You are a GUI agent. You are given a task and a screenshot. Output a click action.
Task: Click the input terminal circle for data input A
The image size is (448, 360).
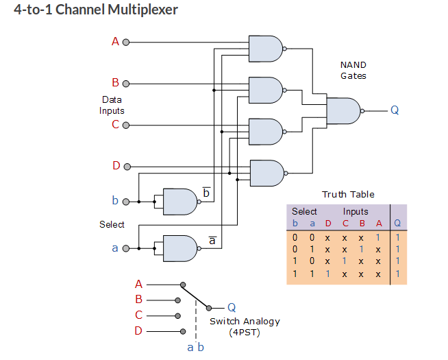[x=126, y=42]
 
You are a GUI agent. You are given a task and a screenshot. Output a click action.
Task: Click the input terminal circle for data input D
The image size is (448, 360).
[x=126, y=166]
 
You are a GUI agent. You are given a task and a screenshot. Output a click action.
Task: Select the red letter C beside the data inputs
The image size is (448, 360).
[x=115, y=125]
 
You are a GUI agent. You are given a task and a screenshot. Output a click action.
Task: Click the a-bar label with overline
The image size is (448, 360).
[x=212, y=241]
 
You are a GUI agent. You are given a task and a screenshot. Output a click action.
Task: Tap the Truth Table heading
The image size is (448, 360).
[x=348, y=195]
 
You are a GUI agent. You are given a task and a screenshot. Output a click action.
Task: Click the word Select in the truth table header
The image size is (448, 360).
[x=304, y=212]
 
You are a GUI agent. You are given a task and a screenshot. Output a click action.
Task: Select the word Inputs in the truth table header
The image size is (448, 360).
[x=356, y=212]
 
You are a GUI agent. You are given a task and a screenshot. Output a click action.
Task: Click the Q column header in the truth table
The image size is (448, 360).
[x=397, y=223]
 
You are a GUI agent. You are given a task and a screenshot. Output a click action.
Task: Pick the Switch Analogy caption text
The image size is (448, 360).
[x=245, y=322]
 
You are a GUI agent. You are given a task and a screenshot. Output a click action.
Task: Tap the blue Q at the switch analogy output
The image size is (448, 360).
[x=232, y=307]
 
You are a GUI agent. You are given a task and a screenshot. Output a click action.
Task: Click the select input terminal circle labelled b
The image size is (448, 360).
[x=126, y=202]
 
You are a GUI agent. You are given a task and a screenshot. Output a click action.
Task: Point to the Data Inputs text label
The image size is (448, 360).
[x=112, y=105]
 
